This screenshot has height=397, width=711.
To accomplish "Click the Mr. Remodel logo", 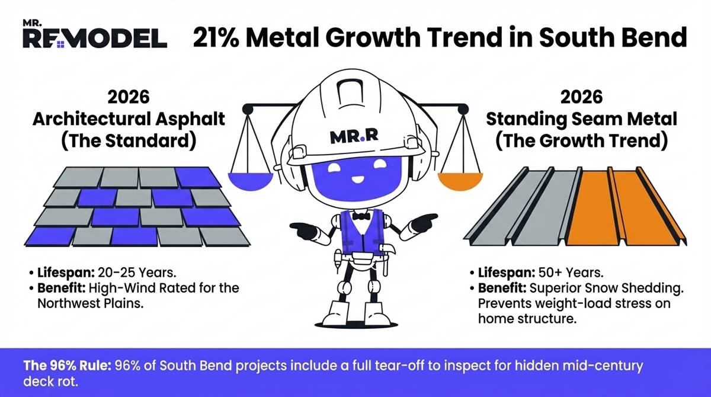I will pos(94,35).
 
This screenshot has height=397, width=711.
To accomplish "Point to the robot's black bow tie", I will pos(360,216).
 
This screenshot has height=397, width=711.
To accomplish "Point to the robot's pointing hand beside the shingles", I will pos(303,229).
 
